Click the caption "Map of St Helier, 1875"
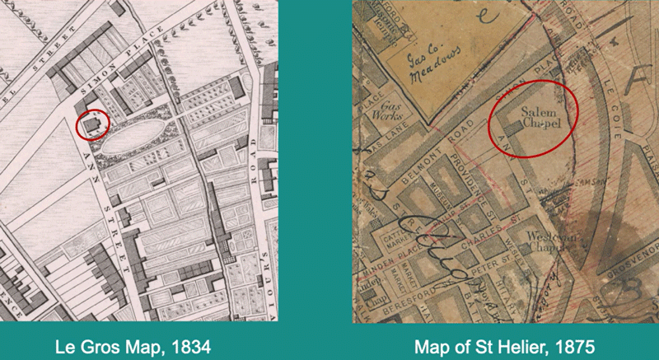[504, 343]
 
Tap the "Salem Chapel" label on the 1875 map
[536, 118]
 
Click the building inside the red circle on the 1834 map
[93, 124]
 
